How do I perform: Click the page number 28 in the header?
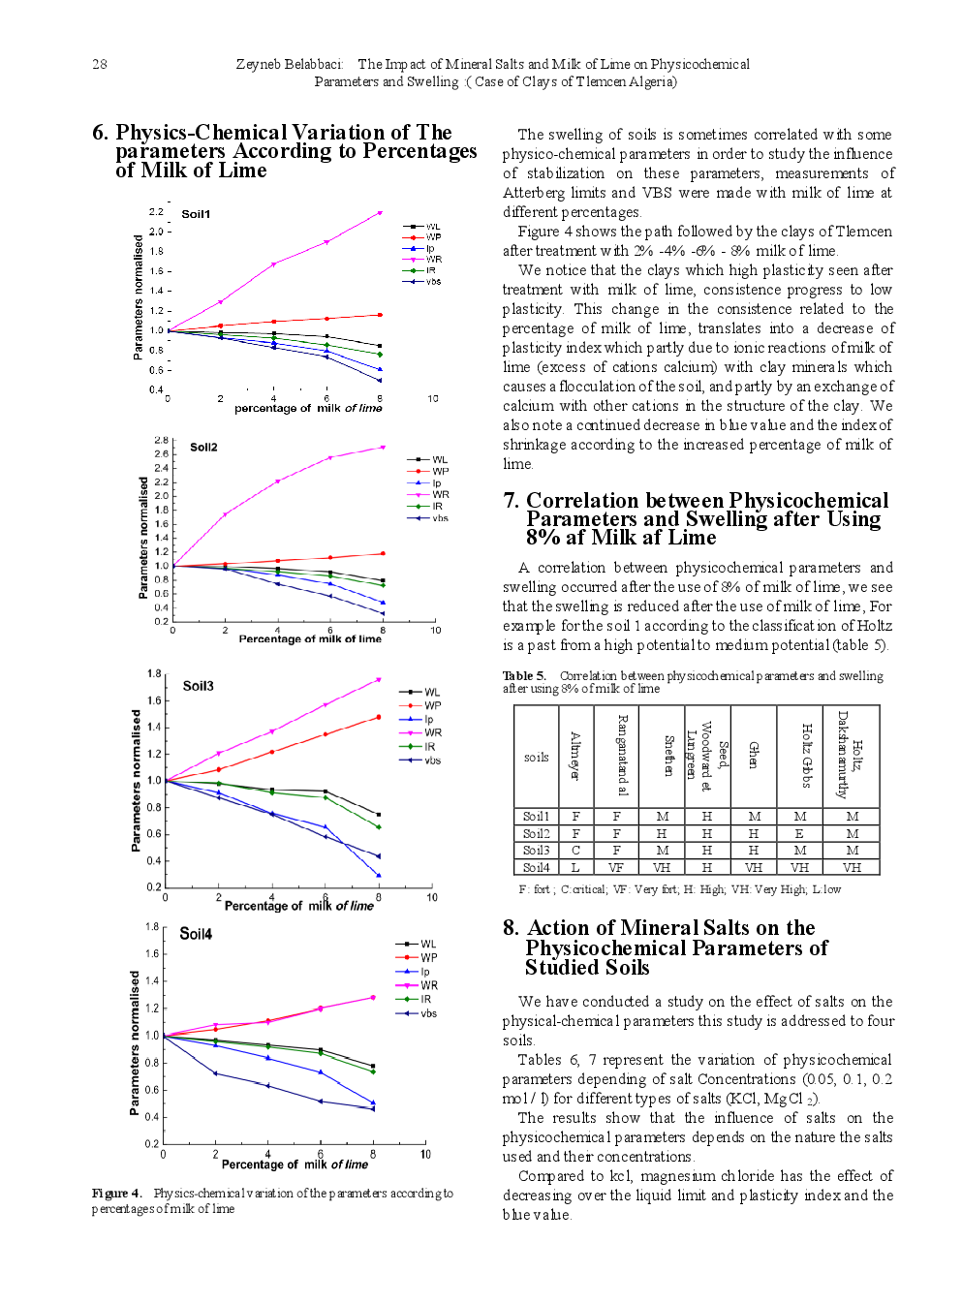pos(100,64)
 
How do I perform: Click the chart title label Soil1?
pos(196,214)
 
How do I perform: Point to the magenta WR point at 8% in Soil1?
pos(380,212)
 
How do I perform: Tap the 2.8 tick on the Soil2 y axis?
pos(161,440)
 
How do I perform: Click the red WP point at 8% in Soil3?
pos(378,717)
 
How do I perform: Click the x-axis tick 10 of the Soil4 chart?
pos(425,1155)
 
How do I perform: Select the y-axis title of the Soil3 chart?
pos(136,781)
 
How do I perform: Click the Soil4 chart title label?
pos(196,934)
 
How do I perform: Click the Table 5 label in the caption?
pos(524,675)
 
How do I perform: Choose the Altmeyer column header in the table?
pos(575,757)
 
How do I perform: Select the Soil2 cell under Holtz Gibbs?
pos(800,833)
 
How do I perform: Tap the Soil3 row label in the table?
pos(536,850)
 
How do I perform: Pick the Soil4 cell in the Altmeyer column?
pos(575,867)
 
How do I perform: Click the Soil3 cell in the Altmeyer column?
pos(575,850)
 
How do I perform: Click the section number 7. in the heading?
pos(511,501)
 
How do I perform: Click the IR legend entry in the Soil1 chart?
pos(431,270)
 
